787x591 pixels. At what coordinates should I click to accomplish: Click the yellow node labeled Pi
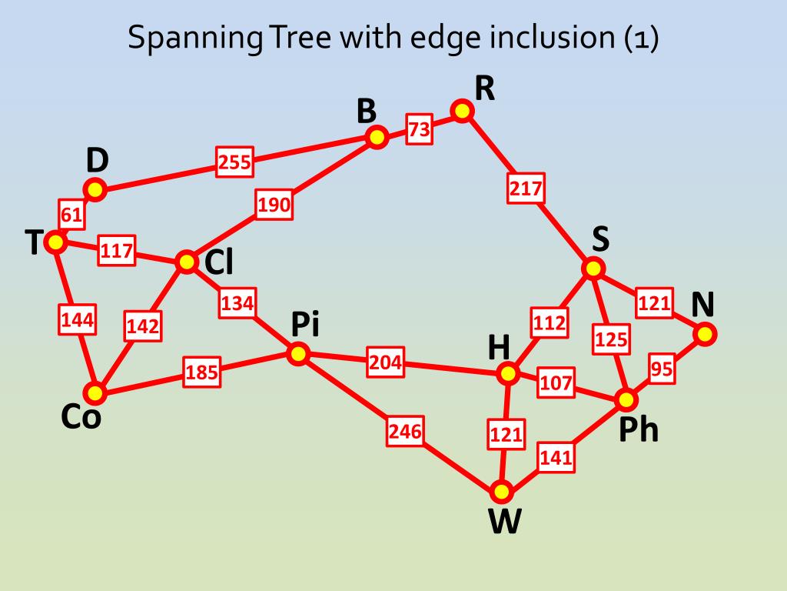pos(298,354)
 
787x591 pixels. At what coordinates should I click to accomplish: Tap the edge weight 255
pos(234,162)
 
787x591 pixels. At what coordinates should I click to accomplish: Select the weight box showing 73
pos(419,130)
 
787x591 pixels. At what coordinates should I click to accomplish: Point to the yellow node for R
pos(461,111)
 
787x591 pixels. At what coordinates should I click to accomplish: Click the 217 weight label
pos(526,189)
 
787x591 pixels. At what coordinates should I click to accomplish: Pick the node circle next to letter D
pos(95,189)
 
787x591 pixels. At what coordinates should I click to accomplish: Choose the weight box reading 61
pos(71,215)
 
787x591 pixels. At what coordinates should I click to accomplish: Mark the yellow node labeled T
pos(55,242)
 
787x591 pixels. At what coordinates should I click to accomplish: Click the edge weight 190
pos(274,205)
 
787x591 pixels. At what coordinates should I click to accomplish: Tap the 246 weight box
pos(405,432)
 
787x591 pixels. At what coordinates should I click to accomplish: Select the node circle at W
pos(501,491)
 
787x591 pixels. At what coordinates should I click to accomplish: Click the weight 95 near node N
pos(662,369)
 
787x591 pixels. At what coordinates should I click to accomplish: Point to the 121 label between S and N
pos(654,303)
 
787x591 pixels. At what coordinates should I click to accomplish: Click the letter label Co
pos(81,417)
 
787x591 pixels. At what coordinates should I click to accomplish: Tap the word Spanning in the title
pos(192,38)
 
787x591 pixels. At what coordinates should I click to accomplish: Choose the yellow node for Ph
pos(627,399)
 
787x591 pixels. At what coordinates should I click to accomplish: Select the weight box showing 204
pos(385,362)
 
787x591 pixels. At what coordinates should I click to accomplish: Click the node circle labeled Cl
pos(187,262)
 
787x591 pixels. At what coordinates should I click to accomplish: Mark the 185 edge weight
pos(201,374)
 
